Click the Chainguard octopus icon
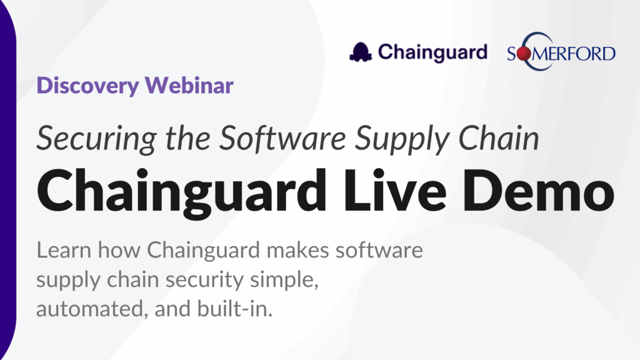click(x=361, y=52)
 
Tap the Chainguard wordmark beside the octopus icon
click(x=432, y=52)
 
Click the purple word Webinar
click(x=189, y=85)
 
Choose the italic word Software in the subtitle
click(x=283, y=138)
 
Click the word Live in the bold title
click(x=395, y=191)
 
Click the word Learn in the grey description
click(x=64, y=250)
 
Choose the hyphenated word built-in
click(x=235, y=309)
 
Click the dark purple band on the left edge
click(x=7, y=180)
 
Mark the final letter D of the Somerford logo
click(x=607, y=54)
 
